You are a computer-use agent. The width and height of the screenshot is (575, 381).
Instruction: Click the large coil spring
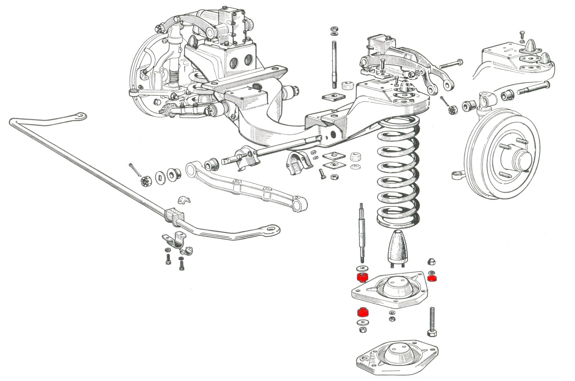click(x=398, y=173)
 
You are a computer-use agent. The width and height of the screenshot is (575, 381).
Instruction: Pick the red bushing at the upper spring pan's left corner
click(x=362, y=277)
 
